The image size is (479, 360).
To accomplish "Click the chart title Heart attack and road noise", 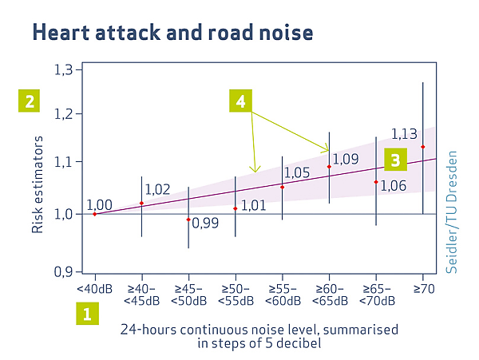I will point(172,33).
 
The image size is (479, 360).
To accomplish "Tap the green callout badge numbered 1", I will point(87,313).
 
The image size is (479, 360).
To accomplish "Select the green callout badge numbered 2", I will point(30,101).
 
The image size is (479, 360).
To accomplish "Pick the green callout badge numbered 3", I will point(394,160).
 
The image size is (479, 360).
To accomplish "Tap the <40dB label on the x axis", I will point(94,289).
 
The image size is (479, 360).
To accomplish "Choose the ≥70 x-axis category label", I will point(422,289).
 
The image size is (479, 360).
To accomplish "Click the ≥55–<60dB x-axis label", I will point(282,295).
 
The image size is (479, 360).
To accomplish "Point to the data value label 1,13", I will point(405,133).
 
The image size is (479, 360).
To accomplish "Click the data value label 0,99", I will point(205,223).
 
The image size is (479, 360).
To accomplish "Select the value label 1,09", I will point(346,160).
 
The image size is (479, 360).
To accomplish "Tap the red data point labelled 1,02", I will point(141,203).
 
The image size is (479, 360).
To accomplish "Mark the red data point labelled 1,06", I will point(376,182).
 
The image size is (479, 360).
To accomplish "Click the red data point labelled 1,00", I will point(94,214).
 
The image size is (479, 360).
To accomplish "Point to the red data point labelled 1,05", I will point(282,187).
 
